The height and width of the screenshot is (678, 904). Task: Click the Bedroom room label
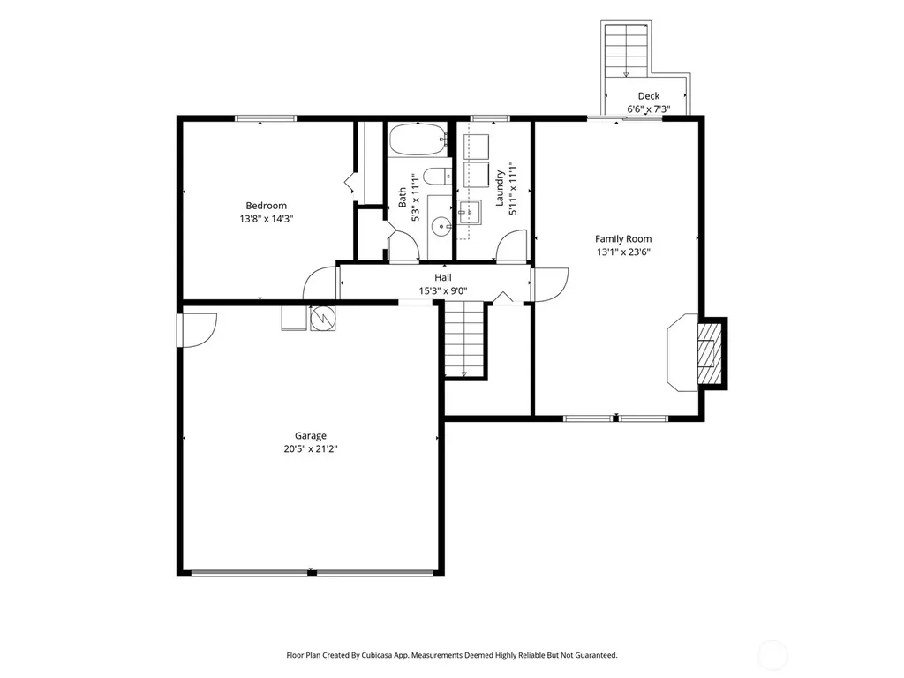266,206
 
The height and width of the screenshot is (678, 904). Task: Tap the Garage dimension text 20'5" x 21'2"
310,449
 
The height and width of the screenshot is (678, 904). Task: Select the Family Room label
623,238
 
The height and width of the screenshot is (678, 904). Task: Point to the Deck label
649,96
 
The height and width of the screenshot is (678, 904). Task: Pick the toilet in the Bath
438,176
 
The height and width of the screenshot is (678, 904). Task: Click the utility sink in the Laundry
470,213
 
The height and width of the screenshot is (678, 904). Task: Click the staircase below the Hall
464,341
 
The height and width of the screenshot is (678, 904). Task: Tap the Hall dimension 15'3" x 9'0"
443,291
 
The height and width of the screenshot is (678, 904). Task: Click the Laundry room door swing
511,246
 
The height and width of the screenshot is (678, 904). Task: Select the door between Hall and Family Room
549,285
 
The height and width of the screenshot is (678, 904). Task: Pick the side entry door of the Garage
197,330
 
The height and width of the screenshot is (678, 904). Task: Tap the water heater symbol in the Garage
322,318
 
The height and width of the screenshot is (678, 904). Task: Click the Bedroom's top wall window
266,119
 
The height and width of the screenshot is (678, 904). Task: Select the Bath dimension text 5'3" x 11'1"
415,197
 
